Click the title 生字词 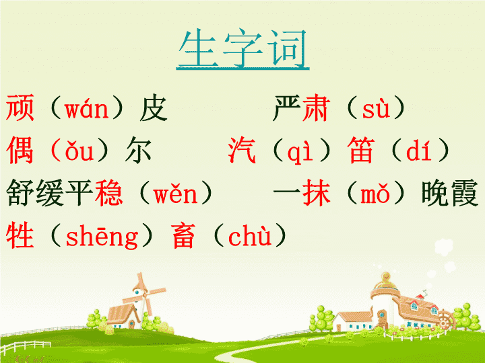coord(243,48)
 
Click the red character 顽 coord(20,108)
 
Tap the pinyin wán coord(86,109)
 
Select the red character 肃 coord(316,108)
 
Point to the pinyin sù coord(376,109)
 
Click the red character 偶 coord(20,151)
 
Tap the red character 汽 coord(243,151)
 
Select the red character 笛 coord(361,151)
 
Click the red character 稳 coord(109,193)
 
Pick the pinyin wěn coord(175,194)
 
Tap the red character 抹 coord(317,193)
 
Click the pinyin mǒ coord(375,194)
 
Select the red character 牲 coord(20,235)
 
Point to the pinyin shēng coord(102,237)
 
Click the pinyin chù coord(250,236)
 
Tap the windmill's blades coord(144,293)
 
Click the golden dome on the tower coord(386,280)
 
